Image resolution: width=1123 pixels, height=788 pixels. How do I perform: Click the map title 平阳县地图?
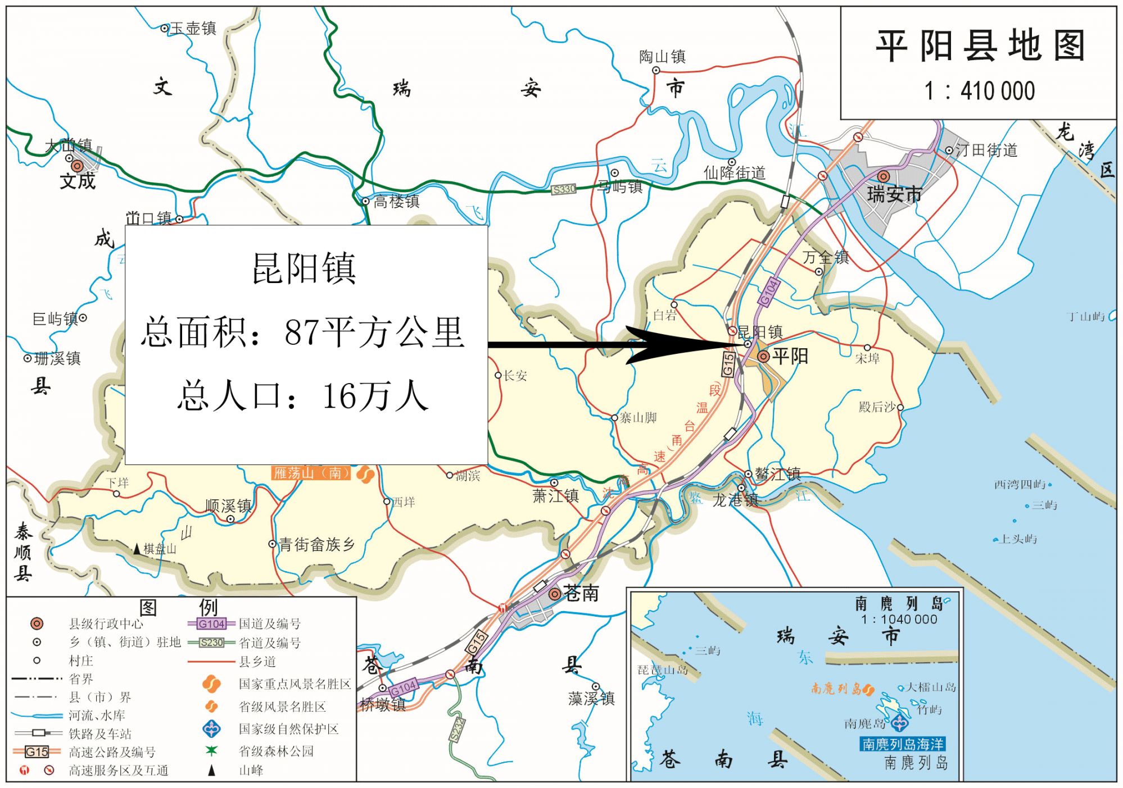pos(980,45)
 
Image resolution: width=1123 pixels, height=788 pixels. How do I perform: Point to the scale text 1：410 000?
pos(980,91)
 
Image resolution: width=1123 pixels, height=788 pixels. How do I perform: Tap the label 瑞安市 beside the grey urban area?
pos(894,194)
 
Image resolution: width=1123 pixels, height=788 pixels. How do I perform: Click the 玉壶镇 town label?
pos(193,28)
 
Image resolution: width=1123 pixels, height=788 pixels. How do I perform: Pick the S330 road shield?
pos(564,189)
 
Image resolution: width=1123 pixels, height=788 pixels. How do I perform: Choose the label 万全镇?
pos(825,257)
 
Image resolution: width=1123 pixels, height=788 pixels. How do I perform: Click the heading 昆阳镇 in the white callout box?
pos(304,269)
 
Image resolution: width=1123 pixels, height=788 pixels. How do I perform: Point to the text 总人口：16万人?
pos(304,396)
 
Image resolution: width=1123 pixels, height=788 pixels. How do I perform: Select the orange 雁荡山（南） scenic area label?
pos(311,473)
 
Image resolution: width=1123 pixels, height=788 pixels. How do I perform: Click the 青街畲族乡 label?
pos(317,544)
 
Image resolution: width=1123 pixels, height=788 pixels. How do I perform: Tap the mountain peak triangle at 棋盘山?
pos(137,549)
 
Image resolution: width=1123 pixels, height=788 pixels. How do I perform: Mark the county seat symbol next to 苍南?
pos(555,594)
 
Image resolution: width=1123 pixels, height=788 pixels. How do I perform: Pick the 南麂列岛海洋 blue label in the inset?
pos(903,744)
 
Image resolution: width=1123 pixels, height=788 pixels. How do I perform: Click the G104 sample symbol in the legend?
pos(211,623)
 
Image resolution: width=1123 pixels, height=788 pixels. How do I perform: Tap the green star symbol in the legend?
pos(211,750)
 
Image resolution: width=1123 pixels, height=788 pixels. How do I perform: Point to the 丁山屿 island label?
pos(1085,317)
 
